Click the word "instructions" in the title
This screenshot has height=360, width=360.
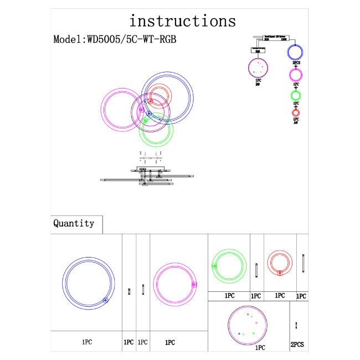point(182,21)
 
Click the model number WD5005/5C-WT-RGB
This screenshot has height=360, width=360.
point(115,40)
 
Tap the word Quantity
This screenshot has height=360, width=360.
point(74,224)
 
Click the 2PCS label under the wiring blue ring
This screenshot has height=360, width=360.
point(296,64)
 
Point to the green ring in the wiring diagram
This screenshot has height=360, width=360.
point(296,95)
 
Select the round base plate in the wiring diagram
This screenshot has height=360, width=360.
point(258,69)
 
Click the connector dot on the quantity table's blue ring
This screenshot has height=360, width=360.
point(105,301)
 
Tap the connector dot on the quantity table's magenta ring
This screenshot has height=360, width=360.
point(194,285)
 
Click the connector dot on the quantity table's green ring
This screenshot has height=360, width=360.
point(214,266)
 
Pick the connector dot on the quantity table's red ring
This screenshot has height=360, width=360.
point(280,272)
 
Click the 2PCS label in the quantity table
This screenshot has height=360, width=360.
point(297,344)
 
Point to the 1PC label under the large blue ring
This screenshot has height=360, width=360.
point(86,343)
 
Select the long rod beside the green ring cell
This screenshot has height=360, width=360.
point(256,270)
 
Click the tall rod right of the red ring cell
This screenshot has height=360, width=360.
point(304,264)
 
